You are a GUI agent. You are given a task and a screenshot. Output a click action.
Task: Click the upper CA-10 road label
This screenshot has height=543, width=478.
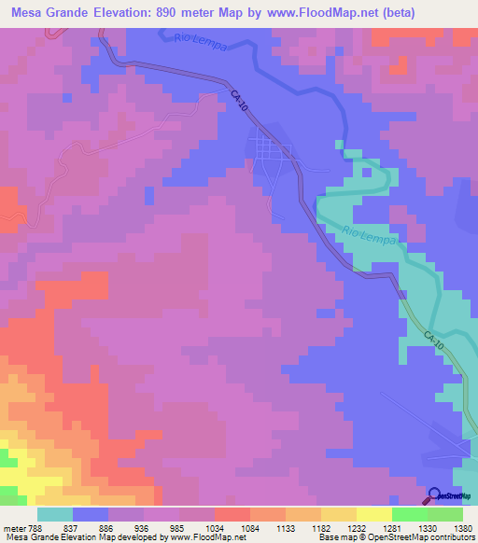240,102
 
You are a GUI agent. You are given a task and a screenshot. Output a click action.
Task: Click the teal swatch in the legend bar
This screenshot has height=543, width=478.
55,514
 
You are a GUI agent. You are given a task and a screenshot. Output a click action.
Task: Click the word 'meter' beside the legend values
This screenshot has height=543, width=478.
11,527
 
